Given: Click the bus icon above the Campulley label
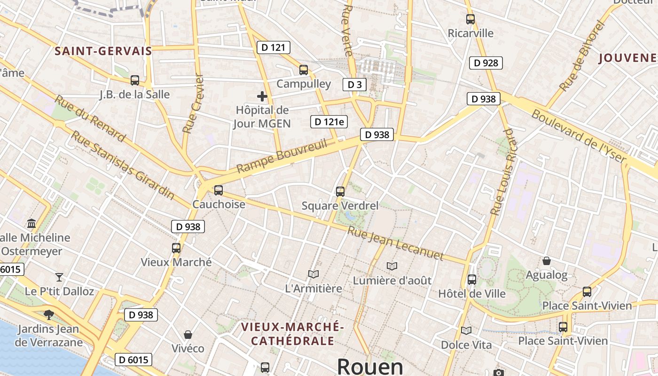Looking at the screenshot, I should tap(304, 70).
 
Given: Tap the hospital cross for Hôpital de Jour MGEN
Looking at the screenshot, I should tap(262, 97).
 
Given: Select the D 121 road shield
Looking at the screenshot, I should tap(274, 47).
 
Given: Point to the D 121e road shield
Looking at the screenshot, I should tap(329, 122).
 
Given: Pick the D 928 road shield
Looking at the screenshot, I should tap(486, 63).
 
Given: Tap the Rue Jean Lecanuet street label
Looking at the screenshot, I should tap(396, 243).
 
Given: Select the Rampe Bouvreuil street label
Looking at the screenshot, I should tap(282, 156).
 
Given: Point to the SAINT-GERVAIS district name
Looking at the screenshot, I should tap(103, 51).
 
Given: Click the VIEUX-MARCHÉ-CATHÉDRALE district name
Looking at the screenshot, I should tap(292, 334).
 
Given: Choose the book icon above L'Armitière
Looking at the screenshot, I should tap(313, 274).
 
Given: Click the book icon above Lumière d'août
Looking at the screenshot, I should tap(392, 266).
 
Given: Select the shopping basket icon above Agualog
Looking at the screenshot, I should tap(547, 261).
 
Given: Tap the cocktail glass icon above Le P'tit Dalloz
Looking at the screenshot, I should tap(59, 277).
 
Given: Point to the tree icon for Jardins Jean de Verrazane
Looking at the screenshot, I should tap(48, 314).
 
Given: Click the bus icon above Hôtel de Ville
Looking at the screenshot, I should tap(472, 280).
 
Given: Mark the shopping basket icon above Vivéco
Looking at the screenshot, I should tap(188, 335).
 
